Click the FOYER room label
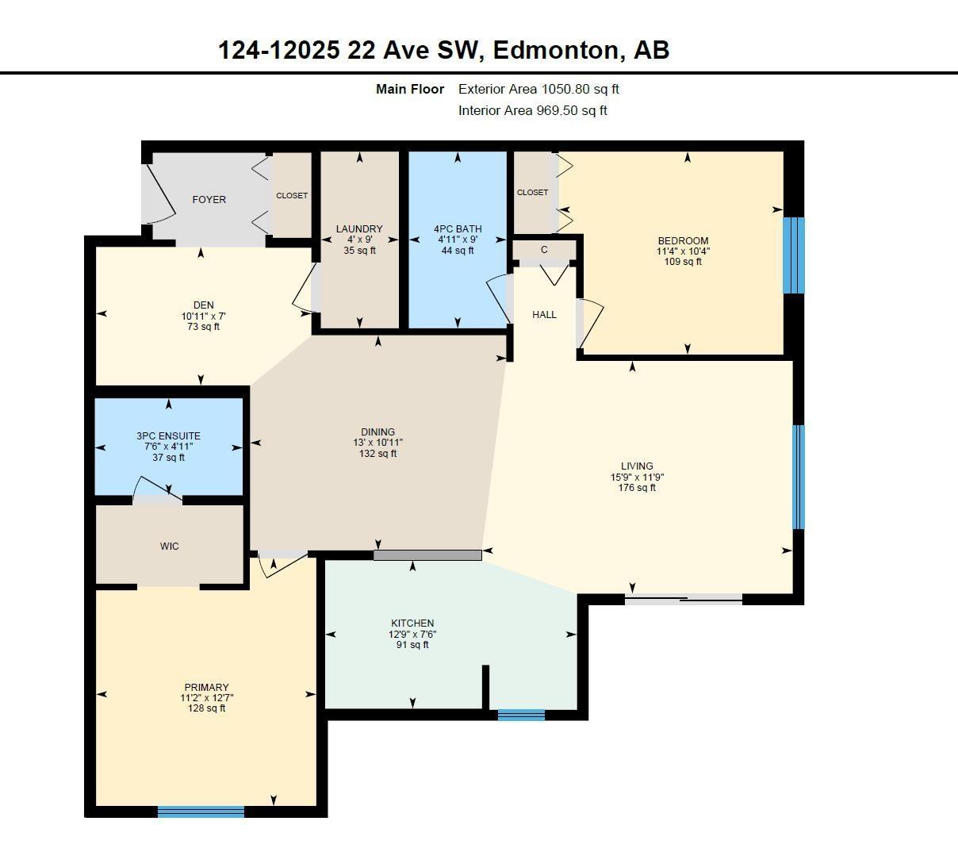coord(209,199)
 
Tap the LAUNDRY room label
coord(359,228)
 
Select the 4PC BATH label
coord(458,228)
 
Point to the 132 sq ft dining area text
coord(377,454)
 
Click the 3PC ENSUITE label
coord(168,435)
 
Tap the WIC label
coord(169,546)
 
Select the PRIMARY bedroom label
coord(206,687)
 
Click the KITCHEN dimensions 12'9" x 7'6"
coord(412,634)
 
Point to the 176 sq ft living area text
coord(637,488)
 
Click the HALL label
coord(544,314)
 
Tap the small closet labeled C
coord(544,250)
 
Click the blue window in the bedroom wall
coord(794,255)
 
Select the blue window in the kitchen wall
coord(521,715)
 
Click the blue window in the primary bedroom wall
coord(201,811)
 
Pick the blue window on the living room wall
coord(799,477)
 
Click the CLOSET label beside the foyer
coord(292,195)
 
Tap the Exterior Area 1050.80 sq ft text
coord(538,89)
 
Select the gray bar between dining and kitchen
coord(427,555)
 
